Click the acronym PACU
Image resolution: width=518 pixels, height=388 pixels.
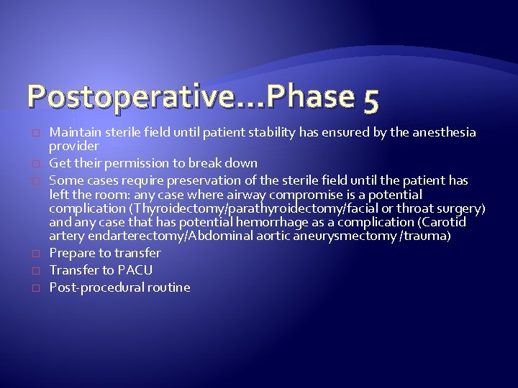(x=135, y=269)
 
